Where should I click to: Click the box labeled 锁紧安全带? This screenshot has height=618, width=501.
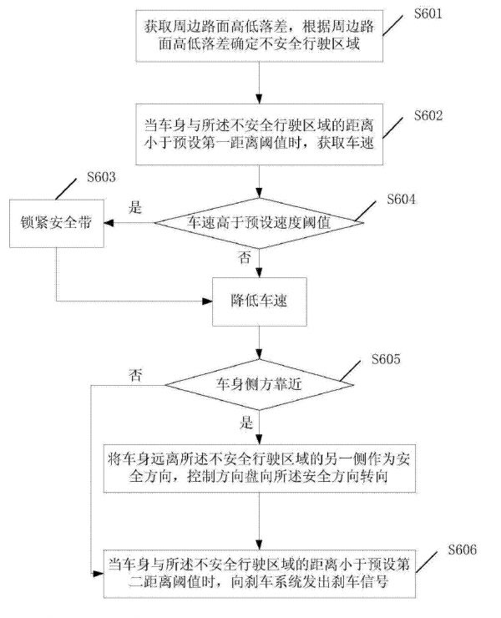pyautogui.click(x=56, y=224)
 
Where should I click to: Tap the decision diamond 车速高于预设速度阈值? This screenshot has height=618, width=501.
pyautogui.click(x=261, y=224)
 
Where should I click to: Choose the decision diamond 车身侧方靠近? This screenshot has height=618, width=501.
pyautogui.click(x=261, y=385)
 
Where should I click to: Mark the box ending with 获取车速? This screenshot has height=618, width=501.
pyautogui.click(x=261, y=134)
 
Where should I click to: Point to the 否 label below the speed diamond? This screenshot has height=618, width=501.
pyautogui.click(x=245, y=259)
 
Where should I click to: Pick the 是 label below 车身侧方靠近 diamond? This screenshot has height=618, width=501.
pyautogui.click(x=245, y=422)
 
